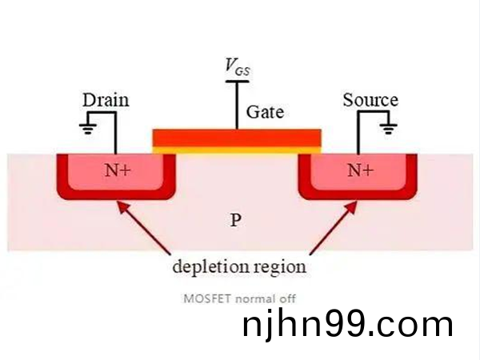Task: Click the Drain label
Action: pos(106,100)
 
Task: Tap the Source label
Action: pos(370,100)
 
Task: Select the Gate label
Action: pos(265,112)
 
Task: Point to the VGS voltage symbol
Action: pos(237,66)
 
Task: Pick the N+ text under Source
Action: pos(359,170)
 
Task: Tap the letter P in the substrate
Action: pos(235,219)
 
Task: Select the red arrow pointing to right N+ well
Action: pos(328,226)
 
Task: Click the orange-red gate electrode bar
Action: pos(237,137)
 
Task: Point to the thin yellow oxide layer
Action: pos(237,149)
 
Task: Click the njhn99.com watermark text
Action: pos(347,326)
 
